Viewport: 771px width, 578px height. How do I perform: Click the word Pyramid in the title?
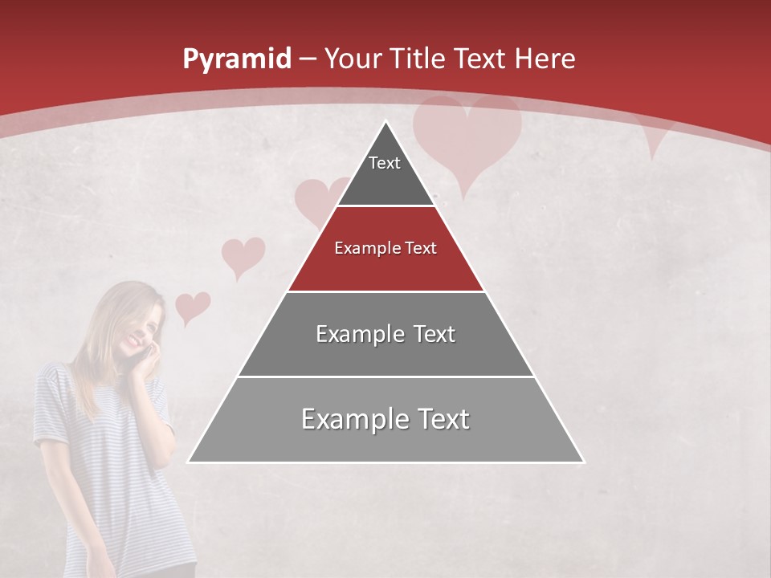pos(237,59)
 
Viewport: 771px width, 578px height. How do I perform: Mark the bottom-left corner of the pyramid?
pos(189,462)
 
